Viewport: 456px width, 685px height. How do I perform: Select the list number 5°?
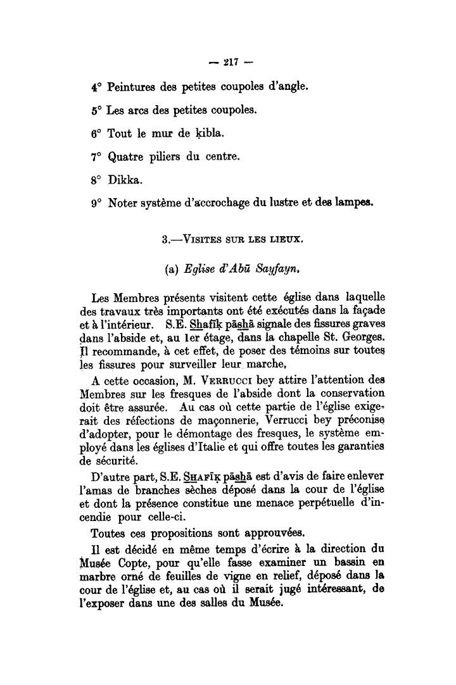tap(96, 110)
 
